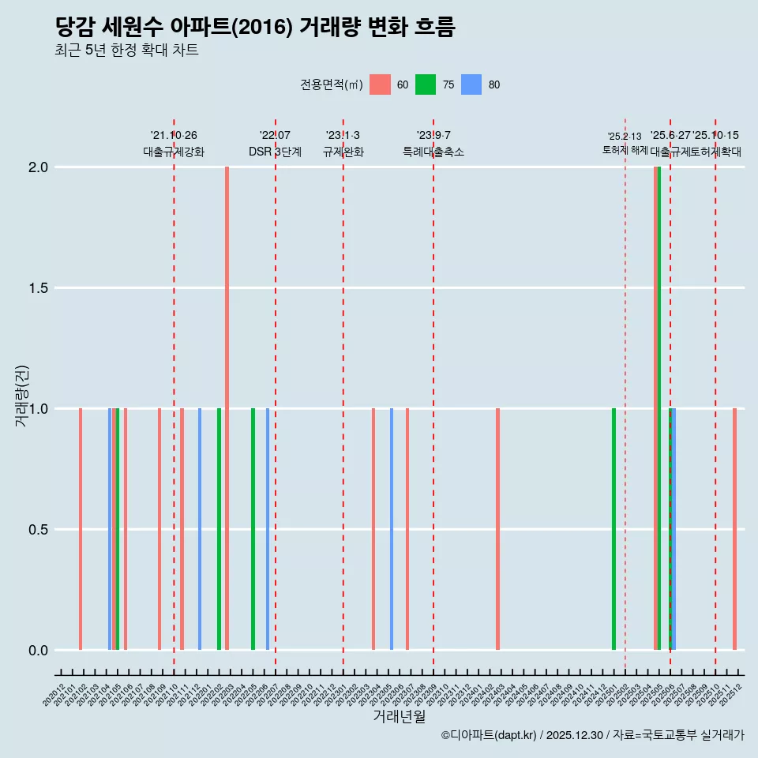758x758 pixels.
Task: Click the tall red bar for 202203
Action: tap(227, 408)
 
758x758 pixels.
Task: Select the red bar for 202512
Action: tap(734, 529)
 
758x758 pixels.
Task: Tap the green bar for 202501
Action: tap(614, 529)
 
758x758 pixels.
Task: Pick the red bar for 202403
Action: tap(497, 529)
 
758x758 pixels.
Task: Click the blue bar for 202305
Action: tap(392, 529)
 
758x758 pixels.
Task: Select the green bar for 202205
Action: tap(253, 529)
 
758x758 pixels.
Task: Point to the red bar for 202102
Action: tap(81, 529)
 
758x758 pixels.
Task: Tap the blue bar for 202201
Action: tap(200, 529)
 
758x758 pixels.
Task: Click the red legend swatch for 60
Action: tap(380, 84)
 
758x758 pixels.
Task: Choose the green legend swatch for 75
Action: tap(426, 84)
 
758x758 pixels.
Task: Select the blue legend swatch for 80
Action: tap(471, 84)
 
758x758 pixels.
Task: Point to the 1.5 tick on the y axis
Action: tap(38, 288)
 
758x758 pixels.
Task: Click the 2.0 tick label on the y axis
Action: tap(38, 167)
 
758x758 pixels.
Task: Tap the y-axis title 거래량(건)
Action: tap(21, 395)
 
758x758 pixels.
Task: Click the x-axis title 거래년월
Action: tap(399, 716)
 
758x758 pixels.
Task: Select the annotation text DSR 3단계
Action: tap(275, 152)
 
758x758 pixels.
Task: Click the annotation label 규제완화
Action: tap(343, 152)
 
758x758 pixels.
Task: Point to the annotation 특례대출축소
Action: tap(433, 152)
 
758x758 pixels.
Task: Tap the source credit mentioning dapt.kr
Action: tap(592, 735)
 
